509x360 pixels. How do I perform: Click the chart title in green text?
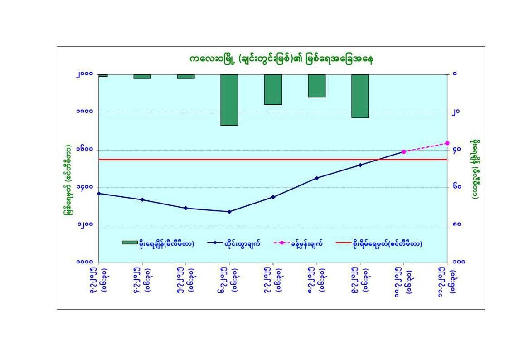pos(281,59)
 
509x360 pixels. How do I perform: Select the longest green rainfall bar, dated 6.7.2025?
pos(229,100)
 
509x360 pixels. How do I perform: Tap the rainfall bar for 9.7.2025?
pos(360,96)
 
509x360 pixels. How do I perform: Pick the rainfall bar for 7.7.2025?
pos(273,89)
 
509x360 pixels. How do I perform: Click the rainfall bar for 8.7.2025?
pos(317,86)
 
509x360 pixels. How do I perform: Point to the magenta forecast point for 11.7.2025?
pos(447,143)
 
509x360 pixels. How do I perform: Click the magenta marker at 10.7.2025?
pos(404,151)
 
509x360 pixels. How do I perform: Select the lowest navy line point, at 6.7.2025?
pos(229,212)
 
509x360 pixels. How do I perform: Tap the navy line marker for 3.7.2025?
pos(99,194)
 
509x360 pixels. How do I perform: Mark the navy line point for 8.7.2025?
pos(317,178)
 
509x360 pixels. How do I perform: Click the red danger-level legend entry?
pos(379,243)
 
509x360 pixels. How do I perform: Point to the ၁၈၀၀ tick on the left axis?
pos(85,112)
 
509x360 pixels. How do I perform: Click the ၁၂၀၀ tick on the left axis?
pos(85,225)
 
